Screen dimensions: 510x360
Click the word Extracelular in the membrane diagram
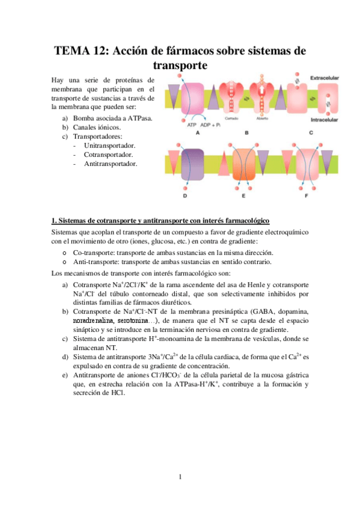pyautogui.click(x=325, y=79)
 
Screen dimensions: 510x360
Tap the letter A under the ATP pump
pyautogui.click(x=198, y=134)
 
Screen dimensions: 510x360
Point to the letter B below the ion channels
pyautogui.click(x=263, y=134)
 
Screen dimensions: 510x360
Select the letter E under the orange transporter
pyautogui.click(x=243, y=196)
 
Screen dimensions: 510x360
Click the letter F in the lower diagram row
pyautogui.click(x=307, y=196)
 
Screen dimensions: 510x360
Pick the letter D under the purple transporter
pyautogui.click(x=184, y=196)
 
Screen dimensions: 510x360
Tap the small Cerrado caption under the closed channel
pyautogui.click(x=233, y=118)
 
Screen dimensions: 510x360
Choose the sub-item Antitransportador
pyautogui.click(x=110, y=163)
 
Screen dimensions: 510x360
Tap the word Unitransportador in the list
pyautogui.click(x=110, y=145)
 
